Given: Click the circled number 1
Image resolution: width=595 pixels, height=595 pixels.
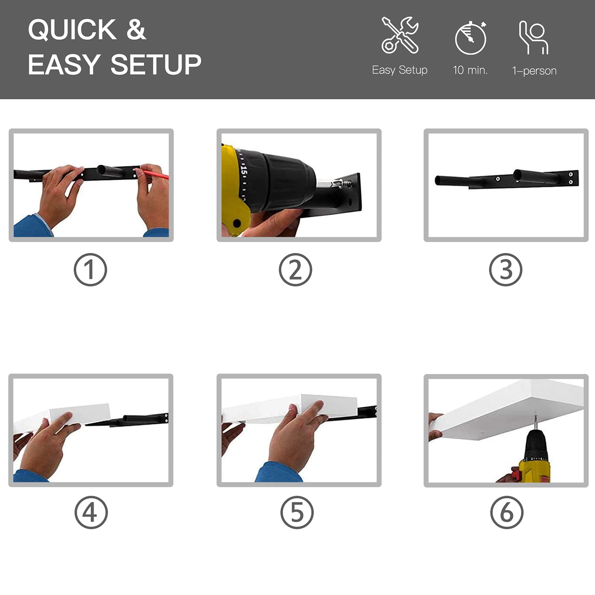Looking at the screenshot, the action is pyautogui.click(x=90, y=270).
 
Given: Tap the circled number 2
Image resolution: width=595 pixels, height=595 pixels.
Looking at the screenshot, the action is pyautogui.click(x=296, y=270).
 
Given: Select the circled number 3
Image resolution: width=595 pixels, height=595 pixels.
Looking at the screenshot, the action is pyautogui.click(x=506, y=270).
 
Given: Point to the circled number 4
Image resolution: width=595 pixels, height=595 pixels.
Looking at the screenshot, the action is pyautogui.click(x=91, y=512).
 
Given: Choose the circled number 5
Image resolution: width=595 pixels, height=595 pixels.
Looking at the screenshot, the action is pyautogui.click(x=297, y=512).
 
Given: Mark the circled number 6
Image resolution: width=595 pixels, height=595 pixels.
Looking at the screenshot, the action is pyautogui.click(x=507, y=512).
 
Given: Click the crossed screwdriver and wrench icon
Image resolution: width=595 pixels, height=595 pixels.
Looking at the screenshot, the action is pyautogui.click(x=400, y=35).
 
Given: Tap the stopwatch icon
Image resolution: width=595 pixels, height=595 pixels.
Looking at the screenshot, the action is pyautogui.click(x=471, y=38).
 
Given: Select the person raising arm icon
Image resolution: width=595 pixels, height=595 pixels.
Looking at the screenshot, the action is pyautogui.click(x=534, y=38).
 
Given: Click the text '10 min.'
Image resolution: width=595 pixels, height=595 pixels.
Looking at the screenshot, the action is pyautogui.click(x=470, y=70).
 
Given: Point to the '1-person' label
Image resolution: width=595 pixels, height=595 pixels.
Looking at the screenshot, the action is pyautogui.click(x=534, y=71).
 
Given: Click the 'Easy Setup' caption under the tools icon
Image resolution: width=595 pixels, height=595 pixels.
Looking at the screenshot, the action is pyautogui.click(x=400, y=70).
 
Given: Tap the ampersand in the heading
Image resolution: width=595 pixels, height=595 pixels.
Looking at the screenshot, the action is pyautogui.click(x=136, y=29).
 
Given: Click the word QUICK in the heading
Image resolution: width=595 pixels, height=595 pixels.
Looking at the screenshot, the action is pyautogui.click(x=73, y=29).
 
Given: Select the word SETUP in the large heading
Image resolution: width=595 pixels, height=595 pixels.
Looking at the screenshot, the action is pyautogui.click(x=156, y=64).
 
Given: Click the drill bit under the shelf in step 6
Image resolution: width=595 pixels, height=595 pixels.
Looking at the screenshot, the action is pyautogui.click(x=535, y=423).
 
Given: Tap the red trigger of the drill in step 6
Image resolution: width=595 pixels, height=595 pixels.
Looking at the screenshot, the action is pyautogui.click(x=515, y=475).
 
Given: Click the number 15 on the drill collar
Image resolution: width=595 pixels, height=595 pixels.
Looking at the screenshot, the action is pyautogui.click(x=244, y=171).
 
